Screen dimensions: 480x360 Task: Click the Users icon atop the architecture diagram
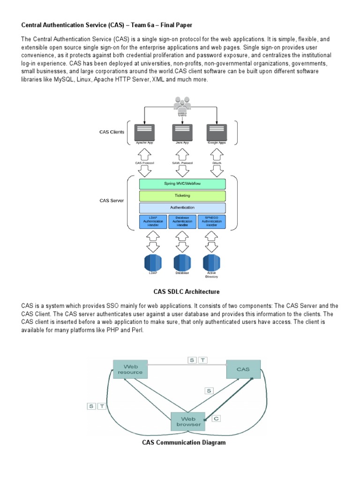pyautogui.click(x=182, y=104)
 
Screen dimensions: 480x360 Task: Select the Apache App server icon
pyautogui.click(x=144, y=132)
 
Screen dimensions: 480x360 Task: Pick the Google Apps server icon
pyautogui.click(x=217, y=132)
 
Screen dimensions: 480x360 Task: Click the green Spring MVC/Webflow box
pyautogui.click(x=182, y=184)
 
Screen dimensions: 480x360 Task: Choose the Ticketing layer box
pyautogui.click(x=182, y=195)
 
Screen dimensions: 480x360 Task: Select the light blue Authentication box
pyautogui.click(x=182, y=208)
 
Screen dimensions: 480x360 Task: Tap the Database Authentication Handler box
pyautogui.click(x=182, y=221)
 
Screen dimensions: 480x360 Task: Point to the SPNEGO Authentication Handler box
pyautogui.click(x=211, y=221)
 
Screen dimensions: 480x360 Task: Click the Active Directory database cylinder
pyautogui.click(x=211, y=262)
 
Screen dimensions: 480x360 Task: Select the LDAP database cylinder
pyautogui.click(x=153, y=262)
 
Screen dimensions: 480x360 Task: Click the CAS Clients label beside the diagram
pyautogui.click(x=112, y=132)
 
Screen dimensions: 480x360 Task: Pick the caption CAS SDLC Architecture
pyautogui.click(x=180, y=292)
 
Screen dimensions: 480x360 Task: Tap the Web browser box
pyautogui.click(x=187, y=420)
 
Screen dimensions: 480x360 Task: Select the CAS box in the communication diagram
pyautogui.click(x=243, y=369)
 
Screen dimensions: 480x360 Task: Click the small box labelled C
pyautogui.click(x=216, y=418)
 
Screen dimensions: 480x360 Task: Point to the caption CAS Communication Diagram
pyautogui.click(x=184, y=442)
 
